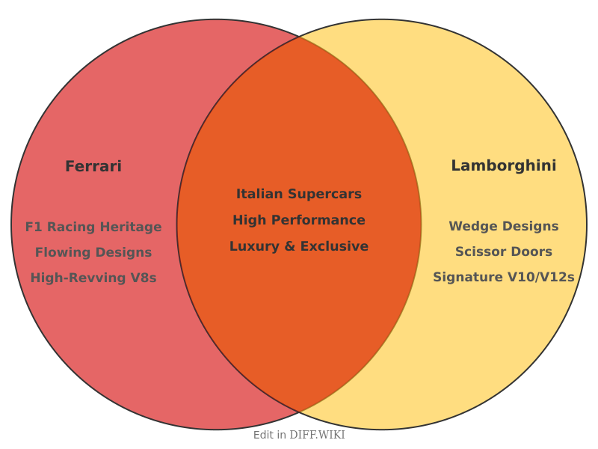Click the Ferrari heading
(x=93, y=166)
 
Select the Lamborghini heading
(x=503, y=165)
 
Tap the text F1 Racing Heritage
(x=93, y=227)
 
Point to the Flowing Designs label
(x=93, y=252)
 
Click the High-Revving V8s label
(x=93, y=278)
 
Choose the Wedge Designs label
(x=503, y=226)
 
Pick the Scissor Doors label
(x=503, y=251)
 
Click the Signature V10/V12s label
(x=503, y=277)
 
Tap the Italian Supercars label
(x=299, y=194)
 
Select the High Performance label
(x=299, y=220)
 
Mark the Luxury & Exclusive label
(x=299, y=246)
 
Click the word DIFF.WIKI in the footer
(x=317, y=435)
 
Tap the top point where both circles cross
(x=299, y=37)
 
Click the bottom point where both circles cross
(x=299, y=412)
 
